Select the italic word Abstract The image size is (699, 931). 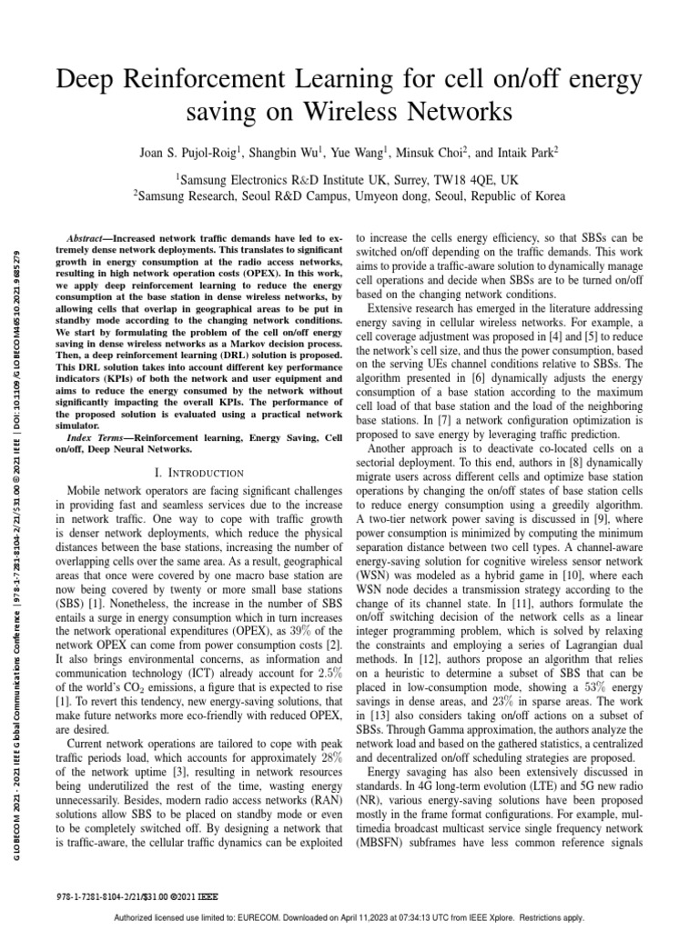point(89,235)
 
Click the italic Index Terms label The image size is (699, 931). point(98,438)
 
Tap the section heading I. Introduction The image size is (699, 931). point(199,473)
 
